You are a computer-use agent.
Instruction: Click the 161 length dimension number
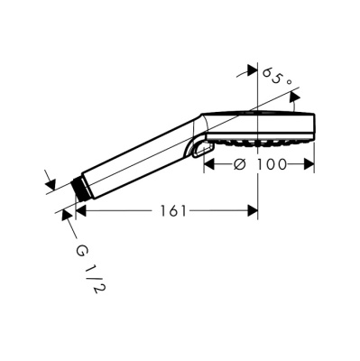tap(173, 211)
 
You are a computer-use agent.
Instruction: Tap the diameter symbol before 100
tap(240, 164)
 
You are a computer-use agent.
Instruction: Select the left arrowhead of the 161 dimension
tap(81, 211)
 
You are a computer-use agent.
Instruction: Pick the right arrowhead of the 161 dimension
tap(253, 211)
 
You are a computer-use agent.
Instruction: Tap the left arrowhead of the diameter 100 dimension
tap(209, 164)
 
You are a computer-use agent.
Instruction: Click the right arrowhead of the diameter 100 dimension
tap(309, 164)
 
